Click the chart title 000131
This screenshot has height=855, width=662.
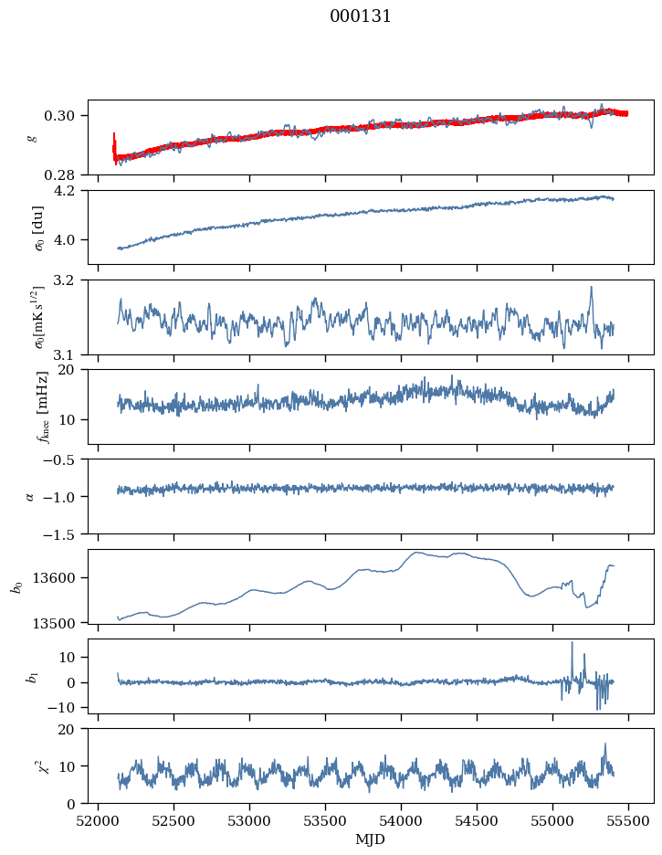pos(360,16)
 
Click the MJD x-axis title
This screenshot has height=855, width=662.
pos(370,839)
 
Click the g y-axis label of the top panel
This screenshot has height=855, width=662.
pos(34,138)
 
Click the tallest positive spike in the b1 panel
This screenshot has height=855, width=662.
pos(573,643)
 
